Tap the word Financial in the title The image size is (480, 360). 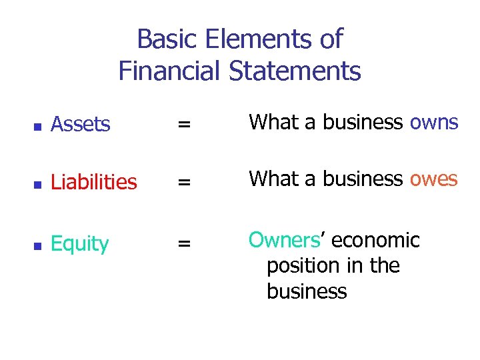pos(170,70)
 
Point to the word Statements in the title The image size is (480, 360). pos(295,70)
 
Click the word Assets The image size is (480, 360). pos(80,124)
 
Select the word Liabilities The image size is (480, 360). pos(94,181)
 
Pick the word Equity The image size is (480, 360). pos(79,244)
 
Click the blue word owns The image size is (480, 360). pos(434,123)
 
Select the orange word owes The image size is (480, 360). pos(434,179)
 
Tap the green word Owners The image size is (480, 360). pos(285,240)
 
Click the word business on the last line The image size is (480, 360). pos(307,291)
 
